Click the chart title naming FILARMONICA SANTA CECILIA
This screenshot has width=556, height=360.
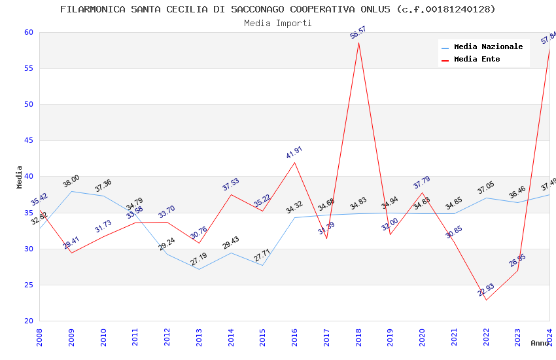[277, 9]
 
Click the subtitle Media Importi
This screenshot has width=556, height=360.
[277, 23]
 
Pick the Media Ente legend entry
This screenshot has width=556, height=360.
[477, 59]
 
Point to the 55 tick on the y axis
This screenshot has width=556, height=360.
[28, 68]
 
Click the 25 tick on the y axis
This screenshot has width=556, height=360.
[28, 285]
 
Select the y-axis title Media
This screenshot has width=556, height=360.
[20, 177]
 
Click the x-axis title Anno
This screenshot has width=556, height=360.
[540, 343]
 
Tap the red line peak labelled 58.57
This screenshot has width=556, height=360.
[358, 43]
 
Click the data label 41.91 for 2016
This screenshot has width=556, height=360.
[294, 153]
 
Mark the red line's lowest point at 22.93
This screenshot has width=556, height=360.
[486, 300]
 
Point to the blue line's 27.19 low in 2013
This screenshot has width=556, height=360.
[199, 269]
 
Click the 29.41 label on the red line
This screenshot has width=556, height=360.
[71, 243]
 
